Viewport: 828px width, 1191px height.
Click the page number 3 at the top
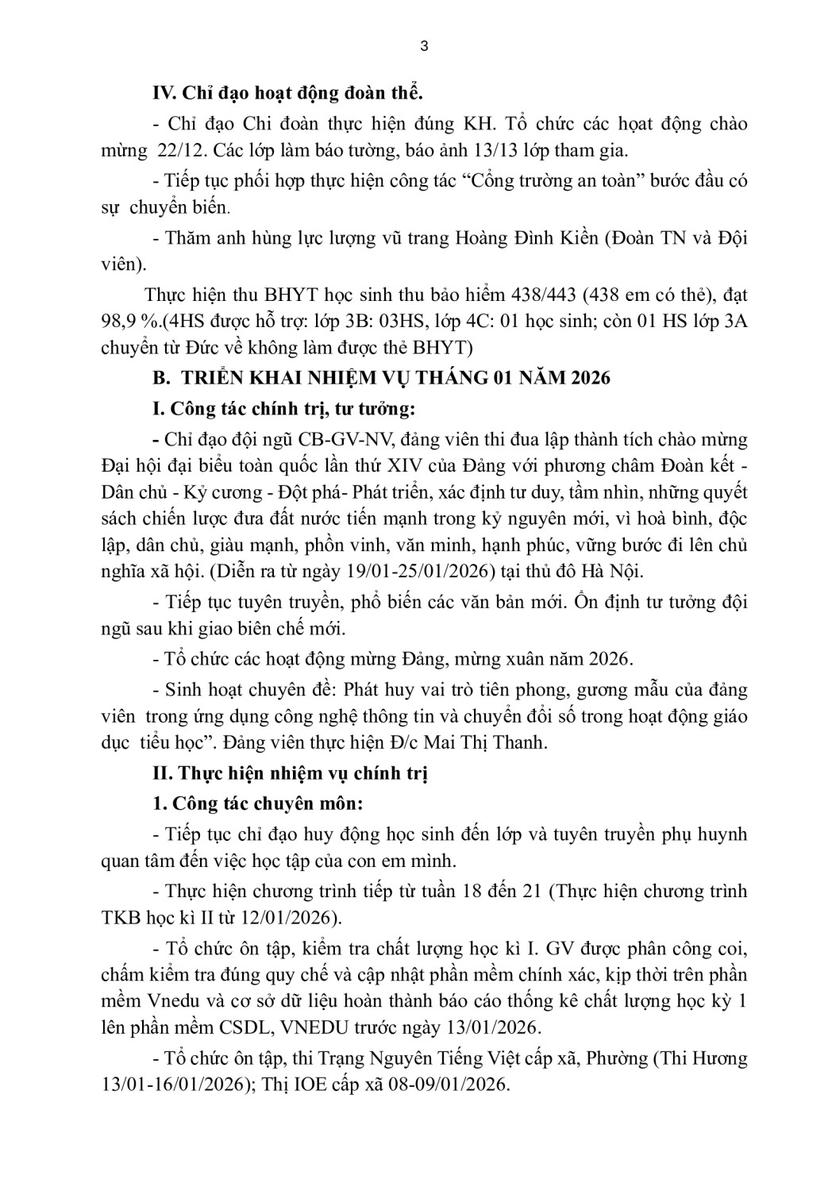pyautogui.click(x=423, y=46)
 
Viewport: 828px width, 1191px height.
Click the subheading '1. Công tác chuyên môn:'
pyautogui.click(x=257, y=804)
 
